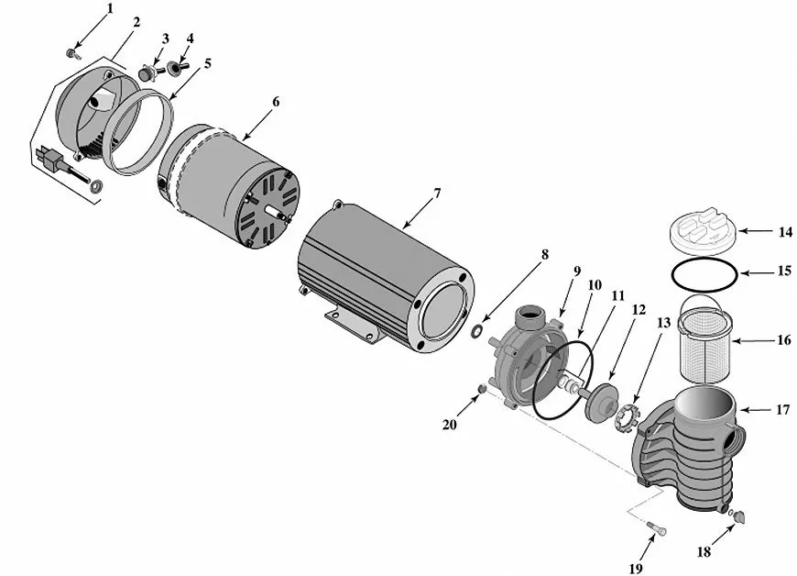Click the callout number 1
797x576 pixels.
tap(110, 8)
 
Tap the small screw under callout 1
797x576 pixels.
tap(72, 53)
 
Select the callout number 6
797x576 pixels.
tap(276, 102)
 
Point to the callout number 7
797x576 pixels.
tap(437, 194)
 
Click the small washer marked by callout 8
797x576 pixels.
tap(476, 331)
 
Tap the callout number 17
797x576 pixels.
tap(782, 409)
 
